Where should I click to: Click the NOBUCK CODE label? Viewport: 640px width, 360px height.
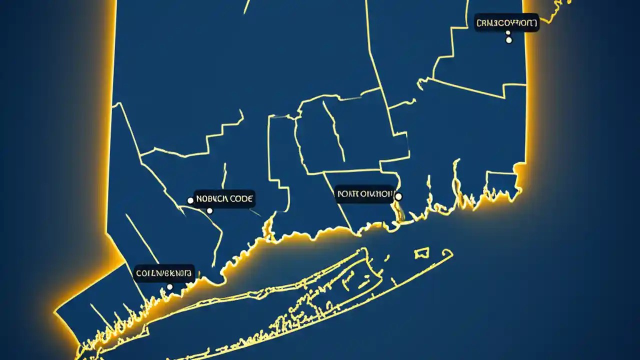point(224,198)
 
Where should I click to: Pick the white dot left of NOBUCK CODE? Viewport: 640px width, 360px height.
point(190,200)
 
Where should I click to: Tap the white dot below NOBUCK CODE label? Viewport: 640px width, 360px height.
point(209,211)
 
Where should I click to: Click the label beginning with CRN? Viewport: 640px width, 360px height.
point(506,22)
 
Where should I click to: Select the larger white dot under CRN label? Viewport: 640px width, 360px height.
point(509,40)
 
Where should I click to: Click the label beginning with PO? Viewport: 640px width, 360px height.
point(365,193)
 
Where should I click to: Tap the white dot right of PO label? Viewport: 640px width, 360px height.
point(398,196)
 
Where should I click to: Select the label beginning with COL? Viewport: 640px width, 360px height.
point(163,273)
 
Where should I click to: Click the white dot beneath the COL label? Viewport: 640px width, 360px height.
point(169,287)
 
